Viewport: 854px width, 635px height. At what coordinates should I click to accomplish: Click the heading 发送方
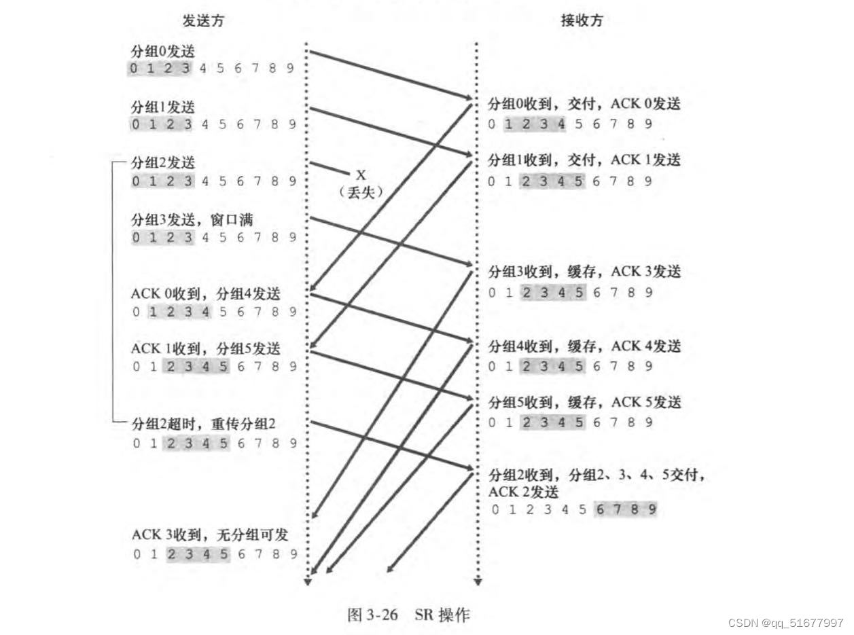point(203,21)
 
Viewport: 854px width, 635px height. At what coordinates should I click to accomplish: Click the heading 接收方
point(582,21)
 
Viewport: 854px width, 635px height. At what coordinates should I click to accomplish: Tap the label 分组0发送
point(158,51)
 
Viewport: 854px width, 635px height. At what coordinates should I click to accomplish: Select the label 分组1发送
point(158,107)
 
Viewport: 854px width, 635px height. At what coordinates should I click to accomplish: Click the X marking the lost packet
point(361,176)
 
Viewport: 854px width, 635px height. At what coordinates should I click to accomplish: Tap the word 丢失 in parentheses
point(361,192)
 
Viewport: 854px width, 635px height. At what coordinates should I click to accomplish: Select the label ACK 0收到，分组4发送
point(205,294)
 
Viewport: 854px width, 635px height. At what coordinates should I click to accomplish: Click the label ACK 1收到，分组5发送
point(205,349)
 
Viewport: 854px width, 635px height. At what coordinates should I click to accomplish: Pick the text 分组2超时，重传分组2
point(203,424)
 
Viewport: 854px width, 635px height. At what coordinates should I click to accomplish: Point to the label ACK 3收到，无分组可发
point(210,535)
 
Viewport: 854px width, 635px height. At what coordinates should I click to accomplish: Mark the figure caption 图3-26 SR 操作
point(408,616)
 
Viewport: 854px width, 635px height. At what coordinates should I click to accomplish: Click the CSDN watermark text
point(785,623)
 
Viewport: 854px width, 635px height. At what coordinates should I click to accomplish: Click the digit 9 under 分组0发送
point(291,68)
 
